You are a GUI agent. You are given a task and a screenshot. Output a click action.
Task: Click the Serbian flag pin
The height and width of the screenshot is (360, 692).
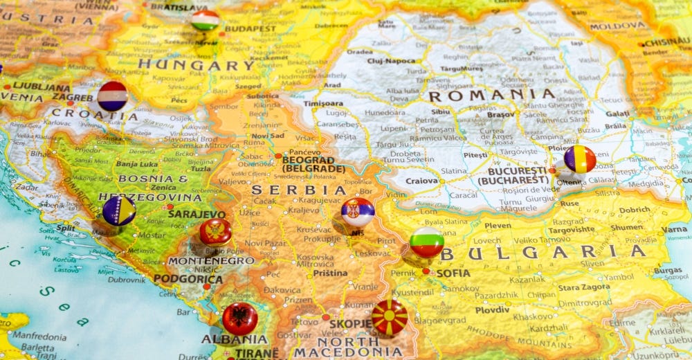click(358, 212)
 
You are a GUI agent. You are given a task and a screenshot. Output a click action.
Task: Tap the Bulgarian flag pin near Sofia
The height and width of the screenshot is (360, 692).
click(426, 242)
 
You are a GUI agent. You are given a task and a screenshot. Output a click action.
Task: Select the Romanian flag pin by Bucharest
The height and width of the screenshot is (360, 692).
click(579, 159)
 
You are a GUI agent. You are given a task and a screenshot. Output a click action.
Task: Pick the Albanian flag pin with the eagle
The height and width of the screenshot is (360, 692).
click(240, 318)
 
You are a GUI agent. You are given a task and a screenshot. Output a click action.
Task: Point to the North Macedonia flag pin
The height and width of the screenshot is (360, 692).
click(390, 317)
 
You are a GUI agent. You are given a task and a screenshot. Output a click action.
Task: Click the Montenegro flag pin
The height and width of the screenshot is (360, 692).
click(215, 232)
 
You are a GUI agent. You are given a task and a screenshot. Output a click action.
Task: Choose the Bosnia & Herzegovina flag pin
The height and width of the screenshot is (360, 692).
click(119, 210)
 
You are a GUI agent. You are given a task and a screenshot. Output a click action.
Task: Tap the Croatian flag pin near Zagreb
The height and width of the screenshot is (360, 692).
click(112, 96)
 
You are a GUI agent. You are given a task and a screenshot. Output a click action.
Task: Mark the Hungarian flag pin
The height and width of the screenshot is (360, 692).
click(205, 20)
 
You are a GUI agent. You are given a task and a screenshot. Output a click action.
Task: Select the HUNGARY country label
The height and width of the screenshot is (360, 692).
click(196, 66)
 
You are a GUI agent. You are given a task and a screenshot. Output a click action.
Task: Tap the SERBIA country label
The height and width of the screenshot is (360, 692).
click(299, 190)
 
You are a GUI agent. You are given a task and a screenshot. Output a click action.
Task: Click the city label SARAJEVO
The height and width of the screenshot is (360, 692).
click(197, 215)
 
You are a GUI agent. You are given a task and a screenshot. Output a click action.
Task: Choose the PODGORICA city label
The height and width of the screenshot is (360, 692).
click(188, 279)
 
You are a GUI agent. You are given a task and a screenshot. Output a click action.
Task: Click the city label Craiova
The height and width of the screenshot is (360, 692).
click(421, 181)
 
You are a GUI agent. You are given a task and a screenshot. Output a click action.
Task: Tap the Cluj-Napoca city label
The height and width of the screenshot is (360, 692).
click(391, 60)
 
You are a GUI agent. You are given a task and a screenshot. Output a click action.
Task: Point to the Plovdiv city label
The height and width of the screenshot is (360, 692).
click(492, 310)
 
